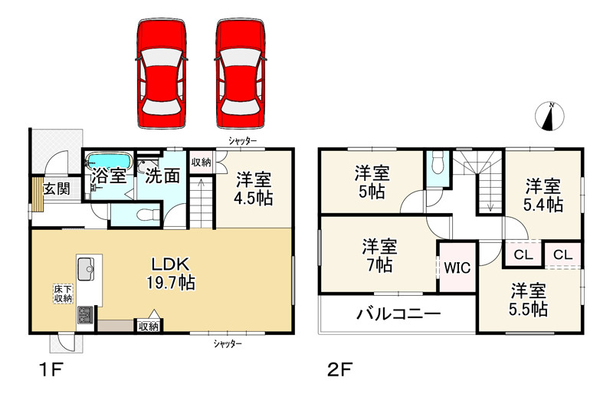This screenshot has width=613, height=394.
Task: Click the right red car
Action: [x=241, y=74]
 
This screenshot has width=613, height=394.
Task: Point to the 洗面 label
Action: [x=162, y=176]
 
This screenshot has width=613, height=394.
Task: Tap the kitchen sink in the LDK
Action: [x=85, y=268]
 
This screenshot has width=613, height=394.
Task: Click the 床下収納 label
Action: [x=62, y=294]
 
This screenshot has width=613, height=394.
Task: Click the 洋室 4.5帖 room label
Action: [x=254, y=189]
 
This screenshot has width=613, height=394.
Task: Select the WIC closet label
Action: [x=456, y=268]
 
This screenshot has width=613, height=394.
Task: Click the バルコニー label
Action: [x=398, y=314]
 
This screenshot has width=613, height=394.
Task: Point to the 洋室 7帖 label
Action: [x=379, y=256]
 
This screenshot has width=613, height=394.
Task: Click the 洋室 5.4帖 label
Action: [x=543, y=195]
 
